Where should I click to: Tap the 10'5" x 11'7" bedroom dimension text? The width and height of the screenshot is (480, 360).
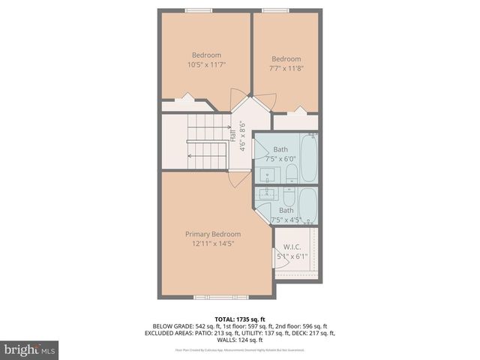(206, 65)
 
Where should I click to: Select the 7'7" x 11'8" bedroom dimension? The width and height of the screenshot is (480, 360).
(286, 69)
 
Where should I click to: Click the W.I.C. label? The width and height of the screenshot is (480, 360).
(292, 246)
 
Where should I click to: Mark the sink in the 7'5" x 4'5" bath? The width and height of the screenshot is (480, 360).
(265, 193)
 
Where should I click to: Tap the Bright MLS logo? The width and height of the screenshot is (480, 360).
(30, 349)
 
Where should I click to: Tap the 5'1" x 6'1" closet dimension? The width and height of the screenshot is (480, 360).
(292, 256)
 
